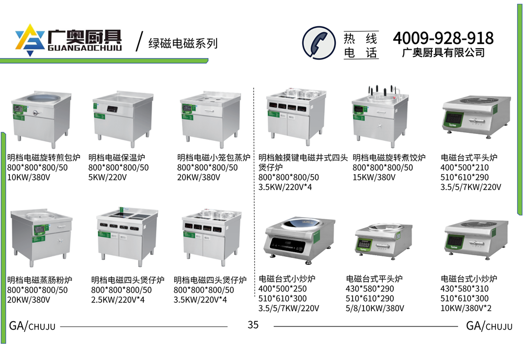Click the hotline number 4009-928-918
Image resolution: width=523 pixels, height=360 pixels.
pos(443,38)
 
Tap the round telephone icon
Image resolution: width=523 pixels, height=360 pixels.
pos(319,42)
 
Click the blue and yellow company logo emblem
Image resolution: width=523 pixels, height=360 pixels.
pos(30,39)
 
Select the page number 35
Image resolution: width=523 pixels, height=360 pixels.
pos(253,324)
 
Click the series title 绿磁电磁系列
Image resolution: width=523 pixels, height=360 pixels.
pos(183,43)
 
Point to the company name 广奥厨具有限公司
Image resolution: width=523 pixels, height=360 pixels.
pos(444,53)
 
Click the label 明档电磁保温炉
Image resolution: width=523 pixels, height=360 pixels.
pos(117,157)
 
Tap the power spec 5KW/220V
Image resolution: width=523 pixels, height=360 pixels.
pos(107,177)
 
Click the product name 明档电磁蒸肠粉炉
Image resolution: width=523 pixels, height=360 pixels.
pos(40,280)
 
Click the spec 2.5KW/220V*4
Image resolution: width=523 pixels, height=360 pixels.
pos(118,300)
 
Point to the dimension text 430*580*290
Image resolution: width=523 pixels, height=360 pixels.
pos(370,289)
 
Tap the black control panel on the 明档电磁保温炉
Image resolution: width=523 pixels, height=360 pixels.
pos(113,109)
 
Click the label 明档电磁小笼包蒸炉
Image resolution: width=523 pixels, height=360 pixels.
pos(214,157)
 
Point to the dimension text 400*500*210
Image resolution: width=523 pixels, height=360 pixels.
pos(464,167)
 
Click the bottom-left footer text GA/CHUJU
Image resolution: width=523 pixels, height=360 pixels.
pos(32,325)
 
